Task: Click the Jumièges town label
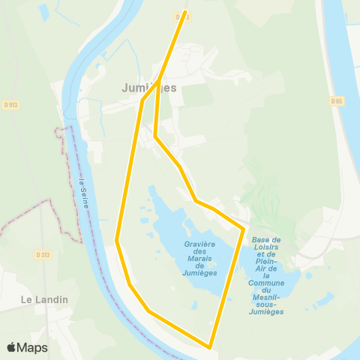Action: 149,88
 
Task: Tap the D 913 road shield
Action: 13,104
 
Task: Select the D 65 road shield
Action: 336,100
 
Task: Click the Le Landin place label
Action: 44,299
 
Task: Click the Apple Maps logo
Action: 27,347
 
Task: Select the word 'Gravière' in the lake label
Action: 199,244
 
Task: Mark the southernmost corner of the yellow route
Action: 210,346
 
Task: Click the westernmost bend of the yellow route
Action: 117,240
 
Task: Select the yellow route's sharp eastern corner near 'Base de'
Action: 244,227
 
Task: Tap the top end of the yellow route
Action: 185,12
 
